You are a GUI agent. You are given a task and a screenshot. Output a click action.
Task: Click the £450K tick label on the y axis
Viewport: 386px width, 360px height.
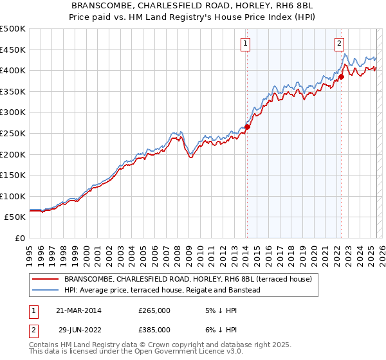tap(13, 50)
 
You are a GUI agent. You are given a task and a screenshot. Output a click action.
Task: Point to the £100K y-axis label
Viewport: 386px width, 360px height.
tap(13, 196)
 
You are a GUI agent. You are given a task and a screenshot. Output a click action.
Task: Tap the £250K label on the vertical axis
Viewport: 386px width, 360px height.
tap(13, 133)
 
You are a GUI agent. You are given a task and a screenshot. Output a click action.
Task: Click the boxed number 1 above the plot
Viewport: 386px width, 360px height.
tap(246, 44)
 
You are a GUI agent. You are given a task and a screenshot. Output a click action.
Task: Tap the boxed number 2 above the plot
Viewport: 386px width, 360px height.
tap(339, 44)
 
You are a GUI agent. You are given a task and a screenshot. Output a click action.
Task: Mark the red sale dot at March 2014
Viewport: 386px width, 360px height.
tap(247, 127)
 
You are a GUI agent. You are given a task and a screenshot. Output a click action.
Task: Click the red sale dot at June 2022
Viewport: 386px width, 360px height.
tap(342, 76)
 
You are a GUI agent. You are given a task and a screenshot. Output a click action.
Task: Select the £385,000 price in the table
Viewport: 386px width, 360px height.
tap(154, 330)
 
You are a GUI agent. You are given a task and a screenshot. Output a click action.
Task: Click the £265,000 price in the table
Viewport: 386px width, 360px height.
tap(154, 310)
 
